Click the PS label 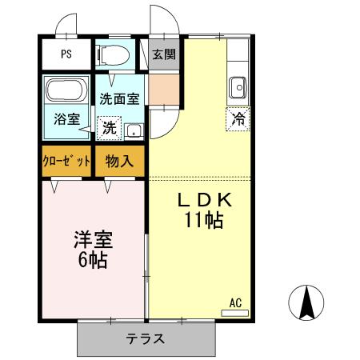tap(66, 56)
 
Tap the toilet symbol tap(112, 55)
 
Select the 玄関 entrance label tap(166, 55)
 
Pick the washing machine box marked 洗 tap(108, 127)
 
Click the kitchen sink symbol tap(238, 86)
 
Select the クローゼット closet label tap(66, 160)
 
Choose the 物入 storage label tap(119, 160)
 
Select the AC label tap(235, 302)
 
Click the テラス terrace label tap(146, 338)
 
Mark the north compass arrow tap(305, 302)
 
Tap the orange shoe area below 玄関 tap(166, 88)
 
